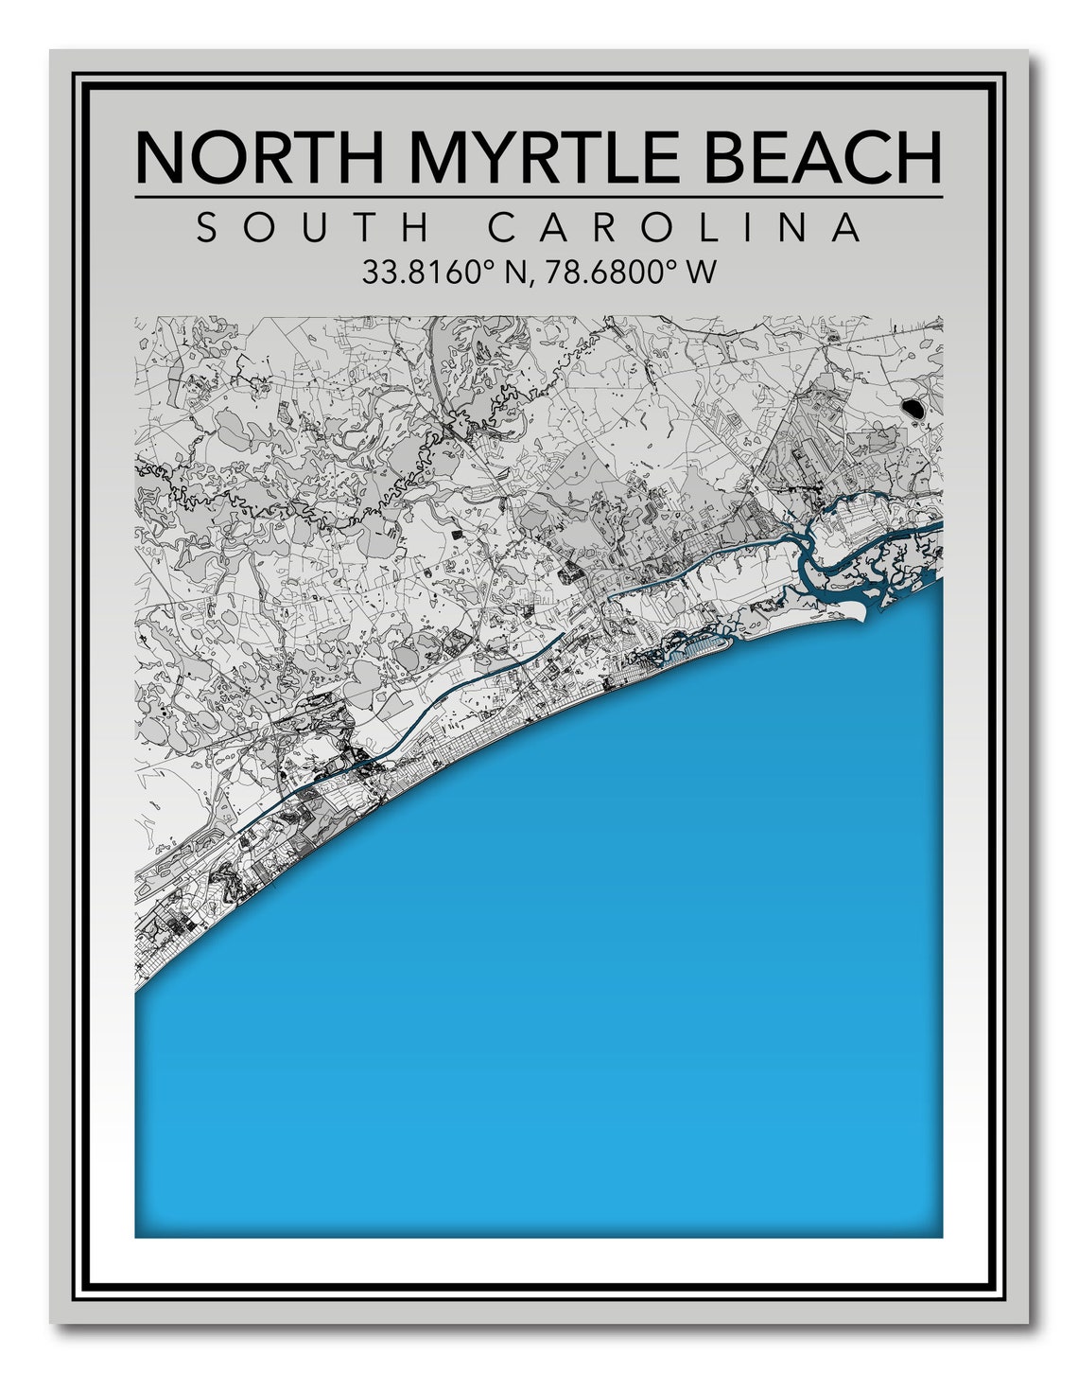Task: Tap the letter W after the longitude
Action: click(701, 273)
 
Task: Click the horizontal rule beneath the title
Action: click(538, 197)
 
